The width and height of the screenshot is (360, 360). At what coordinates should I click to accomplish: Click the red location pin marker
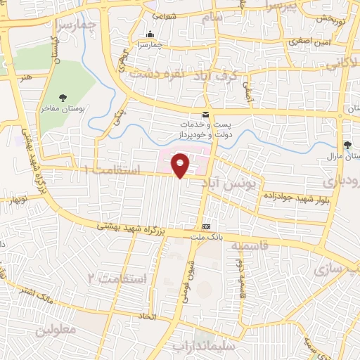point(180,165)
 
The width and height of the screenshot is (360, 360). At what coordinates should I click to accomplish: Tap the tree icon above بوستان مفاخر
point(64,98)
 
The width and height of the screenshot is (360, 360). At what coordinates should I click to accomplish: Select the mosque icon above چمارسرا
point(149,34)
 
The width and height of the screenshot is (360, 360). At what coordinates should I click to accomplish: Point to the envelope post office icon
point(205,114)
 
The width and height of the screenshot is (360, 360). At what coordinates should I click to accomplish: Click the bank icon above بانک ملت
point(206,226)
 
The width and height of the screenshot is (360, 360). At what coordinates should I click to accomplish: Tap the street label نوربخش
point(330,18)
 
